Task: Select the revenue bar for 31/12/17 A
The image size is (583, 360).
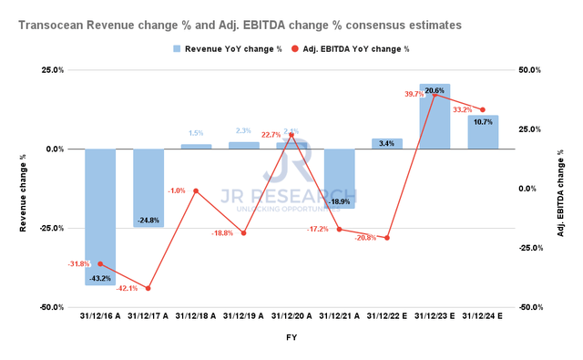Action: click(148, 188)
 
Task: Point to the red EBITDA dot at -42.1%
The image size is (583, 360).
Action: click(148, 288)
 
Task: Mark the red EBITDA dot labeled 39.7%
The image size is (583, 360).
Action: click(435, 95)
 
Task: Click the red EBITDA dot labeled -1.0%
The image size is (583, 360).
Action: click(196, 191)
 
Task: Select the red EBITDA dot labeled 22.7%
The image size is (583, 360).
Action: click(291, 135)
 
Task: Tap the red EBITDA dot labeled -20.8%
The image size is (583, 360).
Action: click(387, 238)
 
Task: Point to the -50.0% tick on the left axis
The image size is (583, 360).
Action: click(50, 307)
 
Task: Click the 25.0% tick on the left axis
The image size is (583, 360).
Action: click(52, 70)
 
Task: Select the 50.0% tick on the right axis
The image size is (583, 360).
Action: click(529, 70)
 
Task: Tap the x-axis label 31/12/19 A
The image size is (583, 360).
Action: click(244, 317)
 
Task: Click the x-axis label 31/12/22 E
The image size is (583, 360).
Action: click(387, 317)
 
